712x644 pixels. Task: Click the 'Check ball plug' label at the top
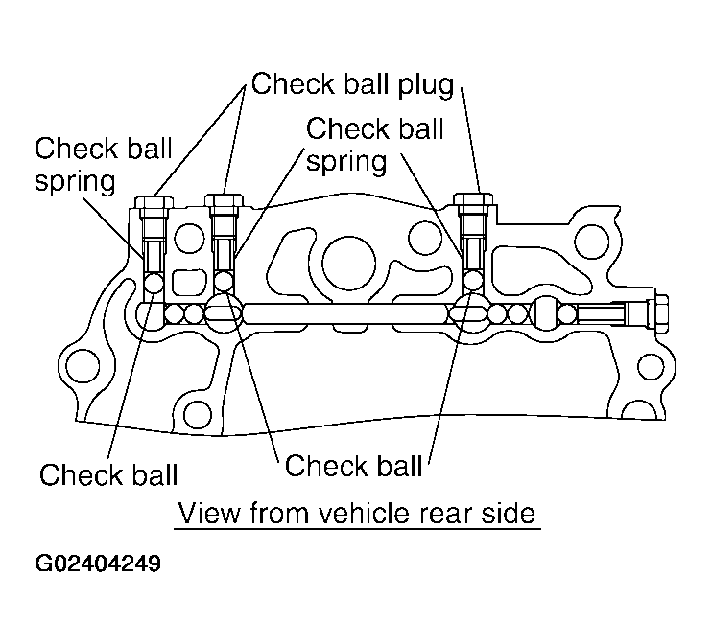[351, 84]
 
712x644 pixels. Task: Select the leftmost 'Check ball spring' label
[104, 164]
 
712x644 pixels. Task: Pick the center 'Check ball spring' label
[374, 144]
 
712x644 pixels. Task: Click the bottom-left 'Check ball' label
[108, 473]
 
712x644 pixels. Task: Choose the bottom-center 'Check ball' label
[354, 466]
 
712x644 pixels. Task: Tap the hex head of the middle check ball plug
[225, 202]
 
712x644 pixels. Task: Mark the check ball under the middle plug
[225, 281]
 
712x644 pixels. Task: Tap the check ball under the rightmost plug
[473, 280]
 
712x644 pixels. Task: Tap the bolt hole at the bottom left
[198, 415]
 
